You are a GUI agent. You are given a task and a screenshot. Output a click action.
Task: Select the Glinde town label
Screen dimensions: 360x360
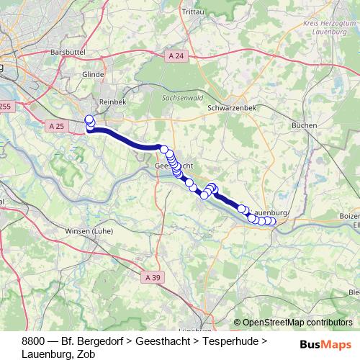(94, 73)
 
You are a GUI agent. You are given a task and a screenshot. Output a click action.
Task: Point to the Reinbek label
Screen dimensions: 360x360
(112, 102)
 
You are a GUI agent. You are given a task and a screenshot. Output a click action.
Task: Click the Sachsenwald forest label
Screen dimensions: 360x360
(181, 96)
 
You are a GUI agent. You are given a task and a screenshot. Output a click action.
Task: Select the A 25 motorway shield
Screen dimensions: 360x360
(57, 126)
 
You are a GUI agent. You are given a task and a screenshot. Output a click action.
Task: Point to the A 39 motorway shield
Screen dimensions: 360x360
(152, 276)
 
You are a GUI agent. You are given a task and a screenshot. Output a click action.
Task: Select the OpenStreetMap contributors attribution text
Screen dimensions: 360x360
(297, 323)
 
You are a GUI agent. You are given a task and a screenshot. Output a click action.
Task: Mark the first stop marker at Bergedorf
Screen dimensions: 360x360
(89, 120)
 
